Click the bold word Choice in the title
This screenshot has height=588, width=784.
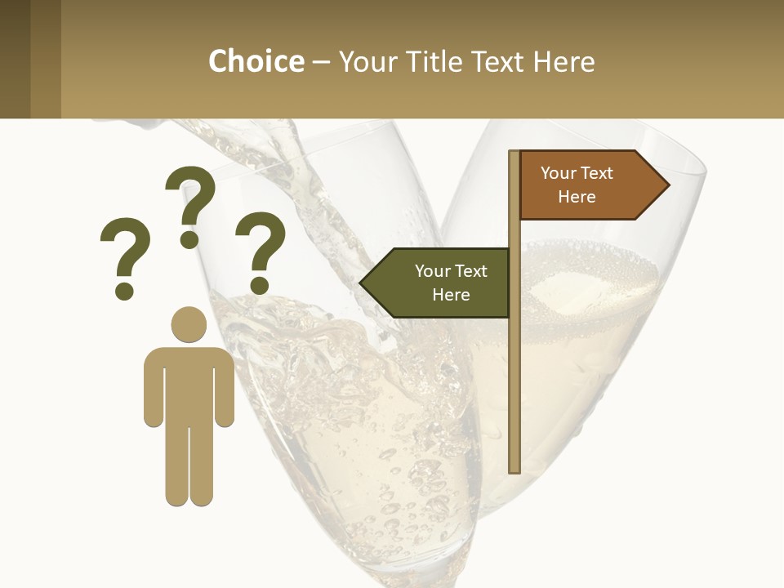coord(256,62)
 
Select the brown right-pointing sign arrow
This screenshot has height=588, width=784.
coord(593,185)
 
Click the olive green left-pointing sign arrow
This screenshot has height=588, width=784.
coord(436,283)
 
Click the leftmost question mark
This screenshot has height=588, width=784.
coord(125,249)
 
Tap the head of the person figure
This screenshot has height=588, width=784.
coord(189,324)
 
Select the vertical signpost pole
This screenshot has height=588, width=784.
coord(514,367)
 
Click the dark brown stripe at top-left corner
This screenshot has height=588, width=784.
coord(15,59)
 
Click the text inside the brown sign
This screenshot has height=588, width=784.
coord(577,185)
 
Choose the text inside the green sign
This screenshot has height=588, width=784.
coord(451,283)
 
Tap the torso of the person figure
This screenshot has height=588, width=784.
coord(189,384)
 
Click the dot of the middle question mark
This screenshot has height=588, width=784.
coord(189,239)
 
